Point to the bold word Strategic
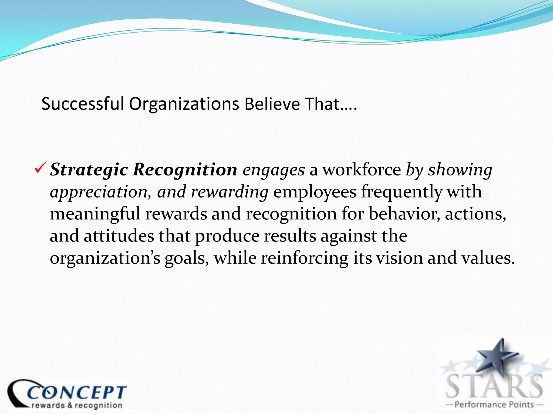click(89, 170)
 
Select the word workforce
click(362, 170)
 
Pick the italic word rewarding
click(230, 192)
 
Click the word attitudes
click(119, 236)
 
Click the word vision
click(399, 258)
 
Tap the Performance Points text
click(494, 405)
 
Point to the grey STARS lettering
click(494, 386)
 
